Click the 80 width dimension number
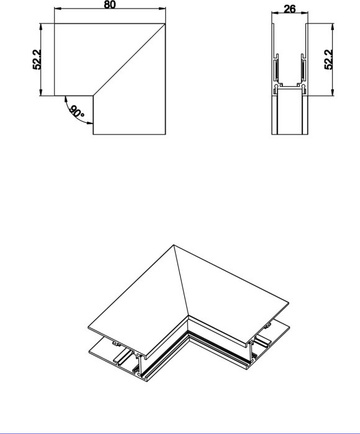point(110,4)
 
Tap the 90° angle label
point(77,113)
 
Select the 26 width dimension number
point(288,10)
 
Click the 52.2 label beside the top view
point(37,60)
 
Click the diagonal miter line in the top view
point(129,60)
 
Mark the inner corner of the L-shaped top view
point(93,95)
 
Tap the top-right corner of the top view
point(166,24)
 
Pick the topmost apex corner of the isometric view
point(175,246)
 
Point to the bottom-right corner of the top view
point(166,133)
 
